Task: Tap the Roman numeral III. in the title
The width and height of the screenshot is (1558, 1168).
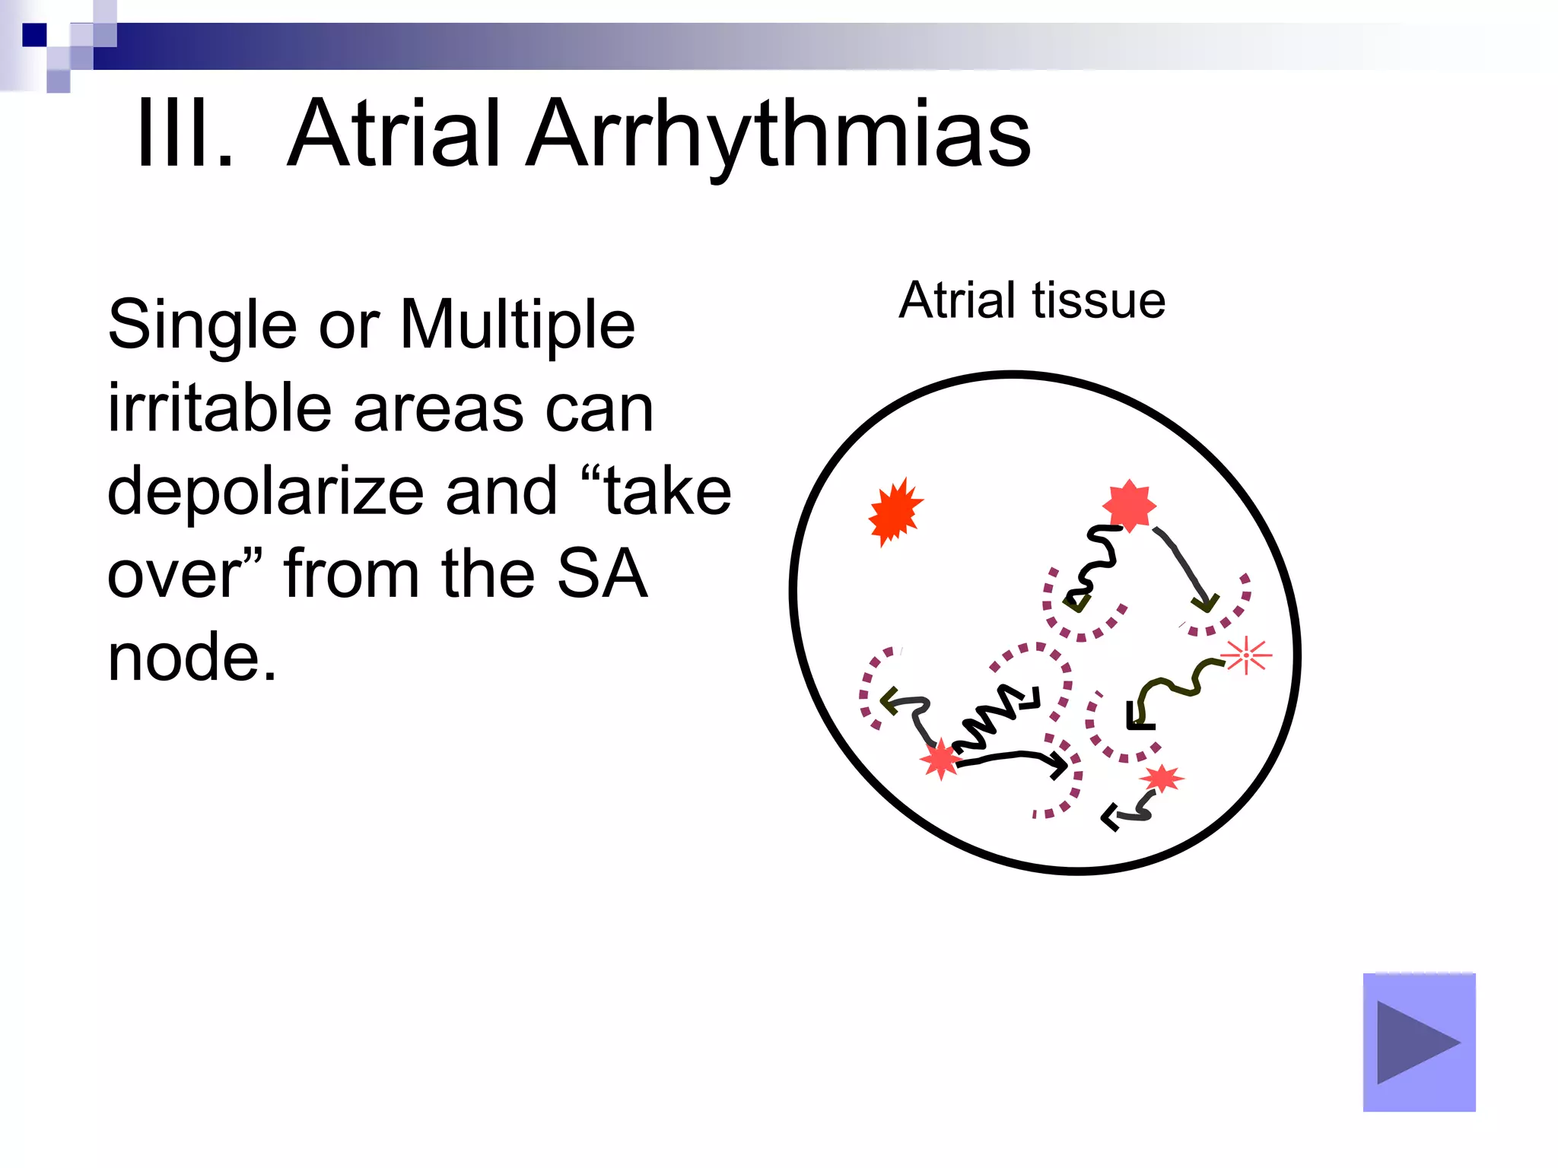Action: click(185, 135)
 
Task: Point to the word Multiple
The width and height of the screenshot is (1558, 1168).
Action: click(517, 325)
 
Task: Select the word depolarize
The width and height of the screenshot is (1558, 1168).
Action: click(265, 493)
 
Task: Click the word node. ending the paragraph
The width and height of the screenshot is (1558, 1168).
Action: click(192, 657)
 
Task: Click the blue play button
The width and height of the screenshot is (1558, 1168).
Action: click(1418, 1042)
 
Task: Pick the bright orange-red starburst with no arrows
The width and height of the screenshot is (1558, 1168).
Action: click(895, 512)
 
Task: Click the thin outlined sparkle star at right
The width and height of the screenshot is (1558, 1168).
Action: click(1245, 655)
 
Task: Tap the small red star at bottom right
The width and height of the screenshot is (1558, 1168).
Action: click(1161, 779)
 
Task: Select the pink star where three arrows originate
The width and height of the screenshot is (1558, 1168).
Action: click(941, 758)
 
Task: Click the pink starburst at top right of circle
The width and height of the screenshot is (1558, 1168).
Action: click(1129, 505)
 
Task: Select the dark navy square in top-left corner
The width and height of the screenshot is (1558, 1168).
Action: click(34, 35)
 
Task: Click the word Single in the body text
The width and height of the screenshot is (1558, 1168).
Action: click(202, 325)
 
